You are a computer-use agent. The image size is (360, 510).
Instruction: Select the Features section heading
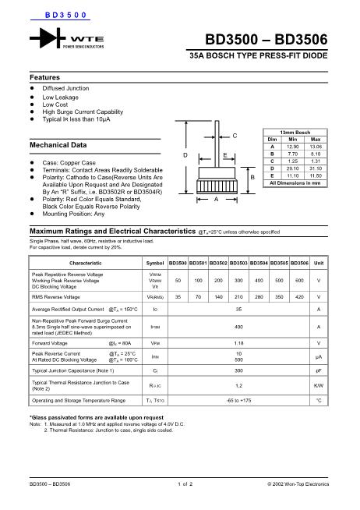44,78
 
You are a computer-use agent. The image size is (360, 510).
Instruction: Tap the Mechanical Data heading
58,145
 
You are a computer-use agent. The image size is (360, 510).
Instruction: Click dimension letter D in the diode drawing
185,156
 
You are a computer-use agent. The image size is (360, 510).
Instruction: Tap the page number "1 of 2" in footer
185,485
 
